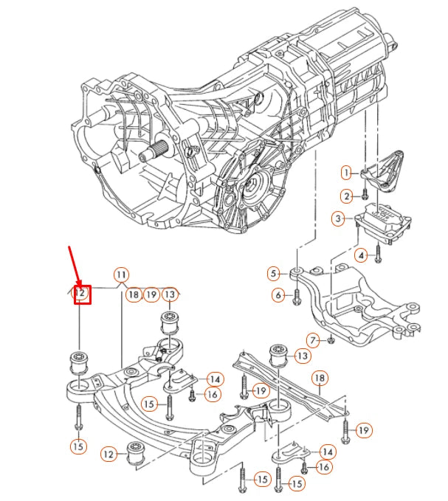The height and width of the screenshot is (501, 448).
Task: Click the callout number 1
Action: pos(345,173)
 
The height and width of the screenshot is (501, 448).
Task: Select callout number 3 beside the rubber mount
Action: pos(337,218)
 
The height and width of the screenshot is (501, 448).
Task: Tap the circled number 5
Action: pos(274,274)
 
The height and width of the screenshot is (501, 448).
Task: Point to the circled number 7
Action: pos(313,339)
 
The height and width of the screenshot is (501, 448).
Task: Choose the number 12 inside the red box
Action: pos(80,294)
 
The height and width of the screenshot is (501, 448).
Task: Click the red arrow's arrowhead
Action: pos(79,286)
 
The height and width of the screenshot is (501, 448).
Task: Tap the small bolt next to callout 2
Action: pos(365,196)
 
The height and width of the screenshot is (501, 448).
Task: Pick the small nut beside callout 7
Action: pos(331,340)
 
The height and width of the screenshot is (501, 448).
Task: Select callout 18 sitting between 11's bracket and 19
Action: pos(133,294)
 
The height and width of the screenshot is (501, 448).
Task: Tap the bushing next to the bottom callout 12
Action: pos(136,452)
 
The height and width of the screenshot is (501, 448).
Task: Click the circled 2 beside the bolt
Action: pos(345,196)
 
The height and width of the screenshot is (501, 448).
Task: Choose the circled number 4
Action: pos(361,256)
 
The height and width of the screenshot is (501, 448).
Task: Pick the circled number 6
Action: pos(278,295)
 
